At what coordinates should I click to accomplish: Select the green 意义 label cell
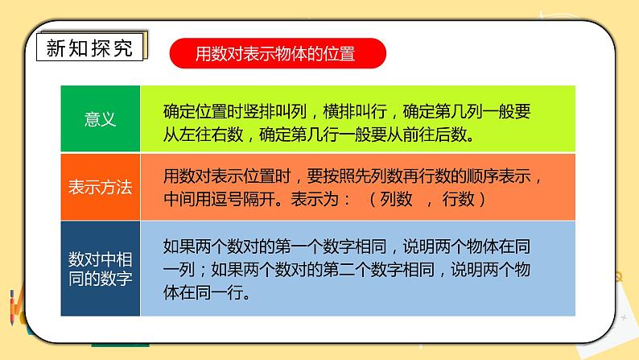tap(101, 119)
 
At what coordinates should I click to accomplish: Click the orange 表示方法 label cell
tap(101, 187)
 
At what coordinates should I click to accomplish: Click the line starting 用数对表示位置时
tap(347, 176)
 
